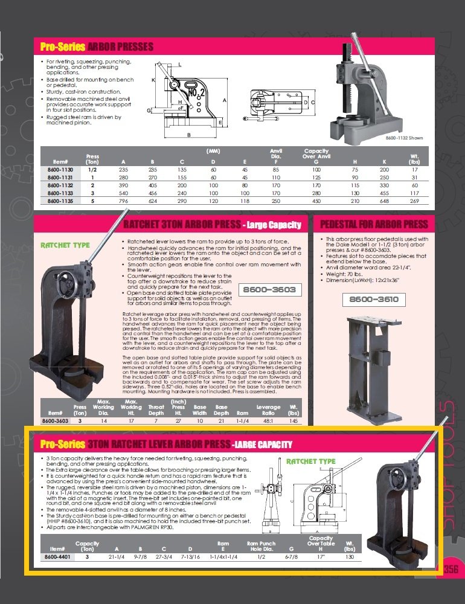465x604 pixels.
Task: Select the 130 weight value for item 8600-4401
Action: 349,557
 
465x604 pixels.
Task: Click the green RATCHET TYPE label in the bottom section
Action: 310,461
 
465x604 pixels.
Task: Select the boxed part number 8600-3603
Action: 270,290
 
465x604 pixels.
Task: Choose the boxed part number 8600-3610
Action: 370,299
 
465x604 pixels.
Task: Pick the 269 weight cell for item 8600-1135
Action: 414,200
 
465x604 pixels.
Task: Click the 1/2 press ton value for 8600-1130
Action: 92,170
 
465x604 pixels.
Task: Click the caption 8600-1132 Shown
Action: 405,138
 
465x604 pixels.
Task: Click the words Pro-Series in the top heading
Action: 63,47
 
